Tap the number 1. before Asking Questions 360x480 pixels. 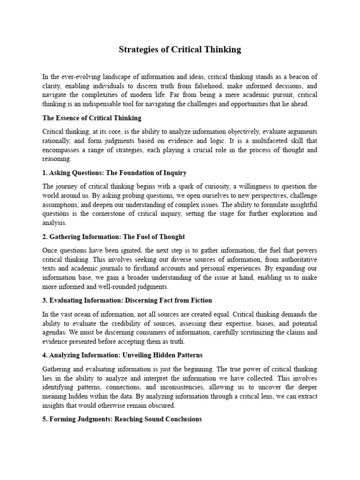pyautogui.click(x=45, y=173)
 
